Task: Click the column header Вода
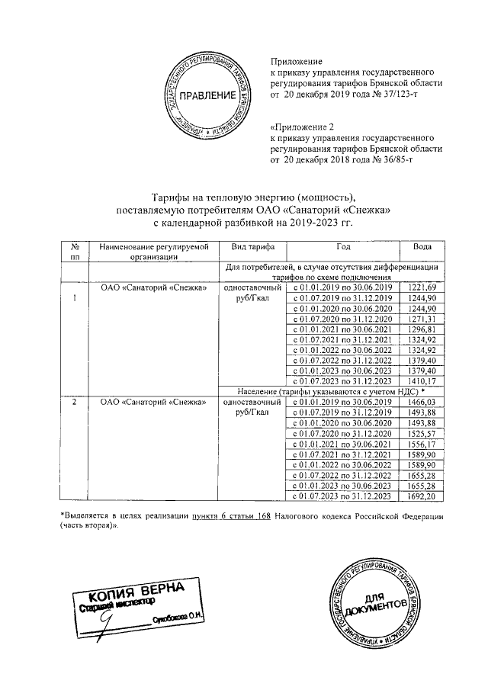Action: coord(422,248)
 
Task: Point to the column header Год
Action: coord(343,248)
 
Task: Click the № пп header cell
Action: coord(75,252)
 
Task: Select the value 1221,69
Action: coord(422,287)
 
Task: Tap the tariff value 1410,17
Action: coord(422,380)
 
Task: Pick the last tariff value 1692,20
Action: coord(422,496)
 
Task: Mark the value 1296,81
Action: coord(422,329)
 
